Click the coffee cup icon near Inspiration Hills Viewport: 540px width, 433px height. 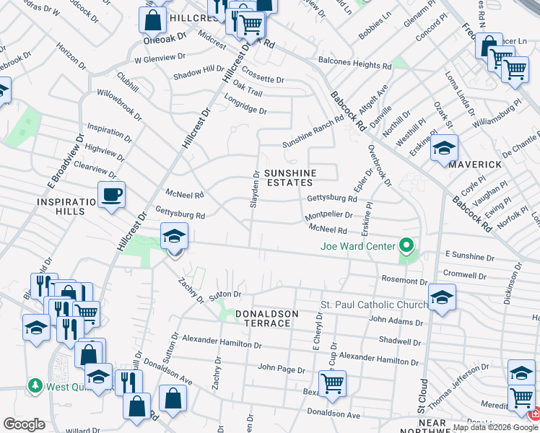point(111,195)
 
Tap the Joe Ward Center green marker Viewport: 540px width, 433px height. point(406,247)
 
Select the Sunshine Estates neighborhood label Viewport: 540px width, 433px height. point(289,178)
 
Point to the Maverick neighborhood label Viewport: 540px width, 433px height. point(474,165)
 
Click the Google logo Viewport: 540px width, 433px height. point(25,424)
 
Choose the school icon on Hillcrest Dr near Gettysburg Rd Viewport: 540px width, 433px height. point(174,236)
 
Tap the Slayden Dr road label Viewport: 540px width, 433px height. point(254,189)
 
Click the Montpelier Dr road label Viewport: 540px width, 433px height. point(328,215)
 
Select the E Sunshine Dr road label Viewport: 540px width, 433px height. point(469,256)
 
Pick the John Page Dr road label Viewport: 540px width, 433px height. point(278,367)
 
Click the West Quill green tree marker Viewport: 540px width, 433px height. point(34,386)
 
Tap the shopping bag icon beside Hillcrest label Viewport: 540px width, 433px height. point(153,19)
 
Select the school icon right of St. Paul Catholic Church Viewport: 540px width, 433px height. point(442,297)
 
